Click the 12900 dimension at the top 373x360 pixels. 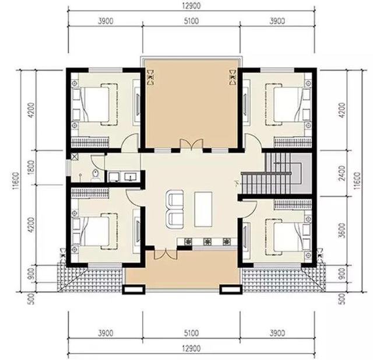tap(192, 5)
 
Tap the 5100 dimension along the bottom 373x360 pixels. tap(192, 333)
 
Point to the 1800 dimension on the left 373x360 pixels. tap(31, 167)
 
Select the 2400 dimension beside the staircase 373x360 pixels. tap(342, 173)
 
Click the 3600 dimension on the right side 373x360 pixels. tap(342, 230)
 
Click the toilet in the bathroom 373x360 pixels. tap(96, 174)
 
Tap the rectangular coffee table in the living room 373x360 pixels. tap(203, 209)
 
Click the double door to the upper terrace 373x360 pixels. tap(192, 144)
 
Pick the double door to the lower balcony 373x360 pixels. tap(166, 254)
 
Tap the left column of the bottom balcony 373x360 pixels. tap(133, 289)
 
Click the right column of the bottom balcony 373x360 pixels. tap(231, 289)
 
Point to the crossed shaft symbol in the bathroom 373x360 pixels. tap(75, 156)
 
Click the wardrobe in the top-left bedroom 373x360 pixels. tap(90, 142)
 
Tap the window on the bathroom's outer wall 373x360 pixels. tap(68, 167)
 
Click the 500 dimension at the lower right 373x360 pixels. tap(342, 299)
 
